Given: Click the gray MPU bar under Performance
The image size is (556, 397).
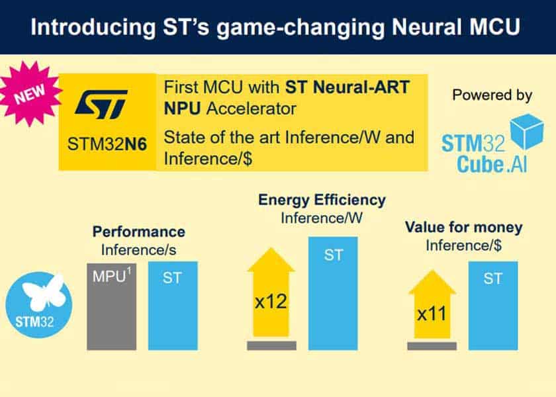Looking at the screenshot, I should pos(111,306).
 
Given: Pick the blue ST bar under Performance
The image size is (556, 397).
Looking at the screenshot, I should pos(172,306).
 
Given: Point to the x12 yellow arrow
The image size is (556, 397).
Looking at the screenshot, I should pos(271,294).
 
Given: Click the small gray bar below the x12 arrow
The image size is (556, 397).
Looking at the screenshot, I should pos(271,345).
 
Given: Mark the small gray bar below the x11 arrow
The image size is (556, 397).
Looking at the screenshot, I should pos(432,345).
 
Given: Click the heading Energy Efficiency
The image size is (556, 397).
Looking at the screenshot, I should pos(322,199).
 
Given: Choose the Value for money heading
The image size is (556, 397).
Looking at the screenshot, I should pos(463,228).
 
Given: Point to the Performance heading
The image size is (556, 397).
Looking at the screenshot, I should pos(138,232).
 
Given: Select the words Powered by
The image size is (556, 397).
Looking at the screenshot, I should pos(492,95).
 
